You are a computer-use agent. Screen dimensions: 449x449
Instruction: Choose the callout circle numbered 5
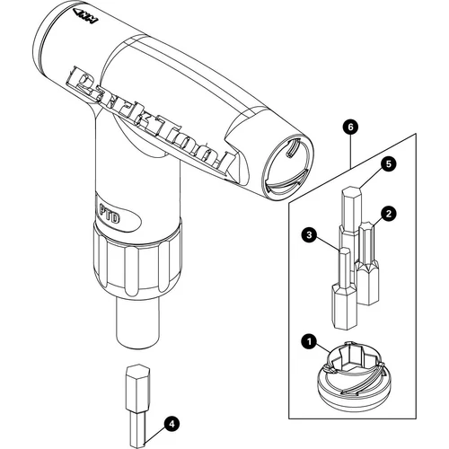[388, 163]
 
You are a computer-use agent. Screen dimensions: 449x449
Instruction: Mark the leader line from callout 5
[373, 173]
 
